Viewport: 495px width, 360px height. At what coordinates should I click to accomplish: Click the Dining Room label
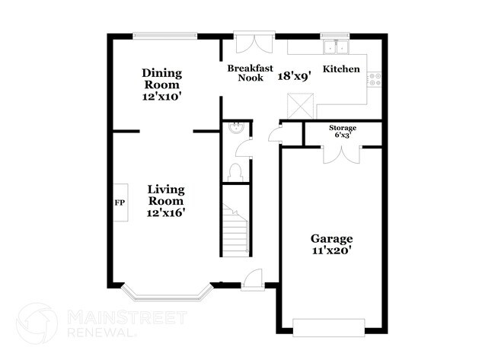tap(162, 79)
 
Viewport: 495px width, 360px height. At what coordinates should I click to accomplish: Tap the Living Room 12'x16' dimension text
tap(166, 213)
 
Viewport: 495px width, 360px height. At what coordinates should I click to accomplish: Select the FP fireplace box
tap(121, 202)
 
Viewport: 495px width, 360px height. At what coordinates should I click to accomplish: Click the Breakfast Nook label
tap(250, 73)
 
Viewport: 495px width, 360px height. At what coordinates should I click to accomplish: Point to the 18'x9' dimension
tap(295, 76)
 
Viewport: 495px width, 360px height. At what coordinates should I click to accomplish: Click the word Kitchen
tap(341, 68)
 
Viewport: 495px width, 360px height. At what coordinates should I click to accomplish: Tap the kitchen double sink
tap(336, 47)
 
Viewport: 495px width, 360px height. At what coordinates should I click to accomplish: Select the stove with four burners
tap(375, 79)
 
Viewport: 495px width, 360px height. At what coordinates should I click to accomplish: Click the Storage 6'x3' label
tap(343, 131)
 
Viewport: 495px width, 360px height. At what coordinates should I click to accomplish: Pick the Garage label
tap(331, 238)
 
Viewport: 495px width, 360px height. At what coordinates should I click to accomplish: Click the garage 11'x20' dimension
tap(332, 250)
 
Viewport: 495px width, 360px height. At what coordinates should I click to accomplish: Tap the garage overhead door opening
tap(329, 328)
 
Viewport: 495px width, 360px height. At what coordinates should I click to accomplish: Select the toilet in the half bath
tap(235, 173)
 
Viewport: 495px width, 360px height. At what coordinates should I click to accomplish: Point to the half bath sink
tap(236, 127)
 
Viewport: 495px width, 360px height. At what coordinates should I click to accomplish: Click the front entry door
tap(253, 279)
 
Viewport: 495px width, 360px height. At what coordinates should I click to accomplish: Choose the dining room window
tap(164, 36)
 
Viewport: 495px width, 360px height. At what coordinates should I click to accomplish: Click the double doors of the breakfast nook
tap(254, 42)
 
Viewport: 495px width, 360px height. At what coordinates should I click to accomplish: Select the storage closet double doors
tap(342, 155)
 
